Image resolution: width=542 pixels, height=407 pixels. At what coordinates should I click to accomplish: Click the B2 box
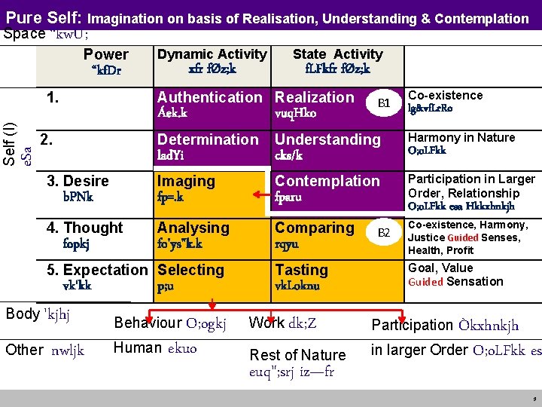click(x=383, y=233)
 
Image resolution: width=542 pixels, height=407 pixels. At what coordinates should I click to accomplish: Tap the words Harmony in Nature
click(x=461, y=138)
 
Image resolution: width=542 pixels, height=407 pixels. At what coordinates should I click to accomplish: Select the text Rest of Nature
click(x=297, y=355)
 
